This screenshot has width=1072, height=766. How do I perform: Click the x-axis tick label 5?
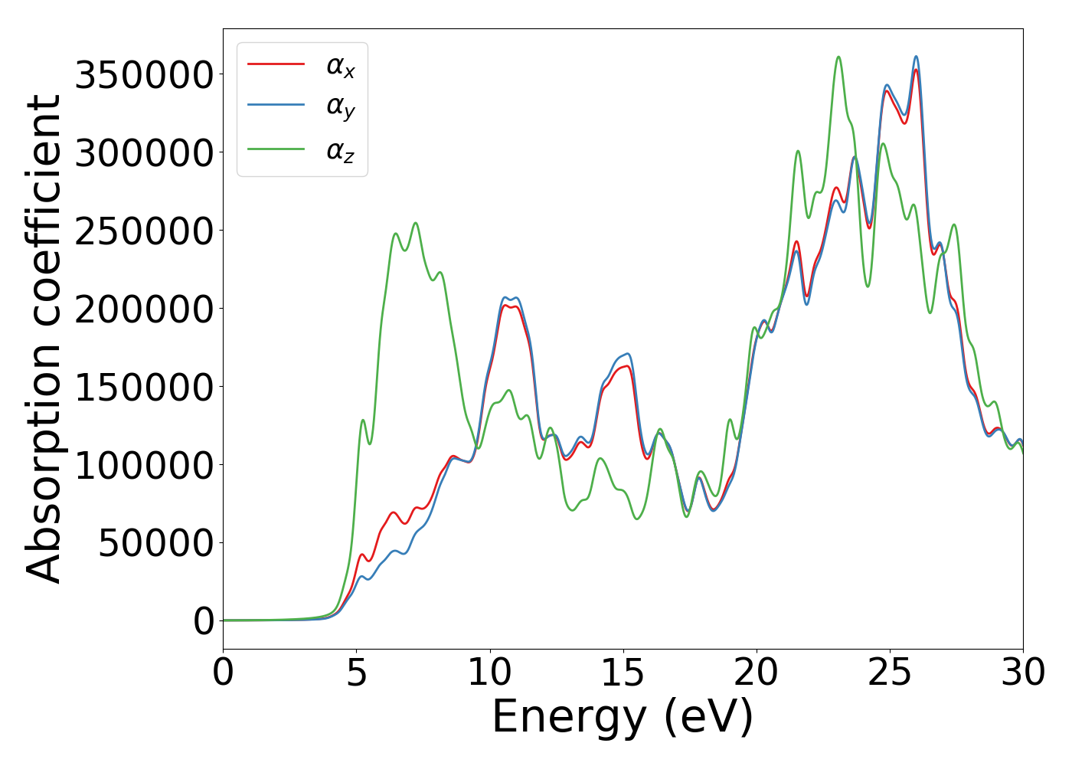(356, 673)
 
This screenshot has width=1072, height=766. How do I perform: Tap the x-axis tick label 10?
(489, 673)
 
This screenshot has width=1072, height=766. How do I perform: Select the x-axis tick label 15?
(623, 673)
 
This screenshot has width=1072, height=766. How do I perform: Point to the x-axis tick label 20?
(756, 673)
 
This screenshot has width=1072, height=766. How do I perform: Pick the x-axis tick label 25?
(890, 673)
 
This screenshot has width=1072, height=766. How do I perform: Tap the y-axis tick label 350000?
(144, 75)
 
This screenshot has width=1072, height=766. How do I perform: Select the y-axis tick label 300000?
(144, 153)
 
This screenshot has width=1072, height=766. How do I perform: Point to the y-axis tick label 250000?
(144, 231)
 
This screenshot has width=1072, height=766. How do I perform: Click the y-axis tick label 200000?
(144, 309)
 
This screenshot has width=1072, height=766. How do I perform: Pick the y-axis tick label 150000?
(144, 388)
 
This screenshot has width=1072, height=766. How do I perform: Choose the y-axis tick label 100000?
(144, 466)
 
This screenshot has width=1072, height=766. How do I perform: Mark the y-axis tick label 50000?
(156, 544)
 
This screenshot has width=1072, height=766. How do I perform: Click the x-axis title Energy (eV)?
(623, 718)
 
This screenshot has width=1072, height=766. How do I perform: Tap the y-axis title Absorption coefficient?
(44, 339)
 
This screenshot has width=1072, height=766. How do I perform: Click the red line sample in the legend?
(276, 64)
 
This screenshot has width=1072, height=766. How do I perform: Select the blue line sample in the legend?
(276, 106)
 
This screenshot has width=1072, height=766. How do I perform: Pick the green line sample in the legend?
(276, 149)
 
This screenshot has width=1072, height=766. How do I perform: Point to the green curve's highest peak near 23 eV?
(838, 57)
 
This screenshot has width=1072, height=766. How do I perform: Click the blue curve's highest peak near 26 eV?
(916, 56)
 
